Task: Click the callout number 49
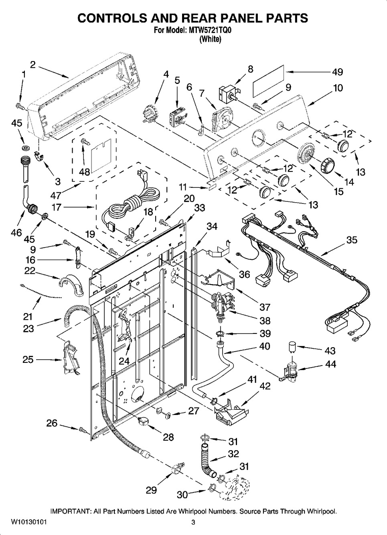(x=337, y=72)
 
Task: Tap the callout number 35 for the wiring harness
(x=351, y=240)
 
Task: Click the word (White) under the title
(x=210, y=39)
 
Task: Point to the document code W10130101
(x=26, y=522)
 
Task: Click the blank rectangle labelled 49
(x=268, y=81)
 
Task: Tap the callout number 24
(x=124, y=361)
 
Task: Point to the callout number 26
(x=52, y=423)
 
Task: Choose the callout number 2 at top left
(x=32, y=65)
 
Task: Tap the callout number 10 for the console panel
(x=338, y=87)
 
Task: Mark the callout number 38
(x=265, y=321)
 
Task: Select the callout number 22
(x=30, y=271)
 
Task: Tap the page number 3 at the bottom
(x=193, y=522)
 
